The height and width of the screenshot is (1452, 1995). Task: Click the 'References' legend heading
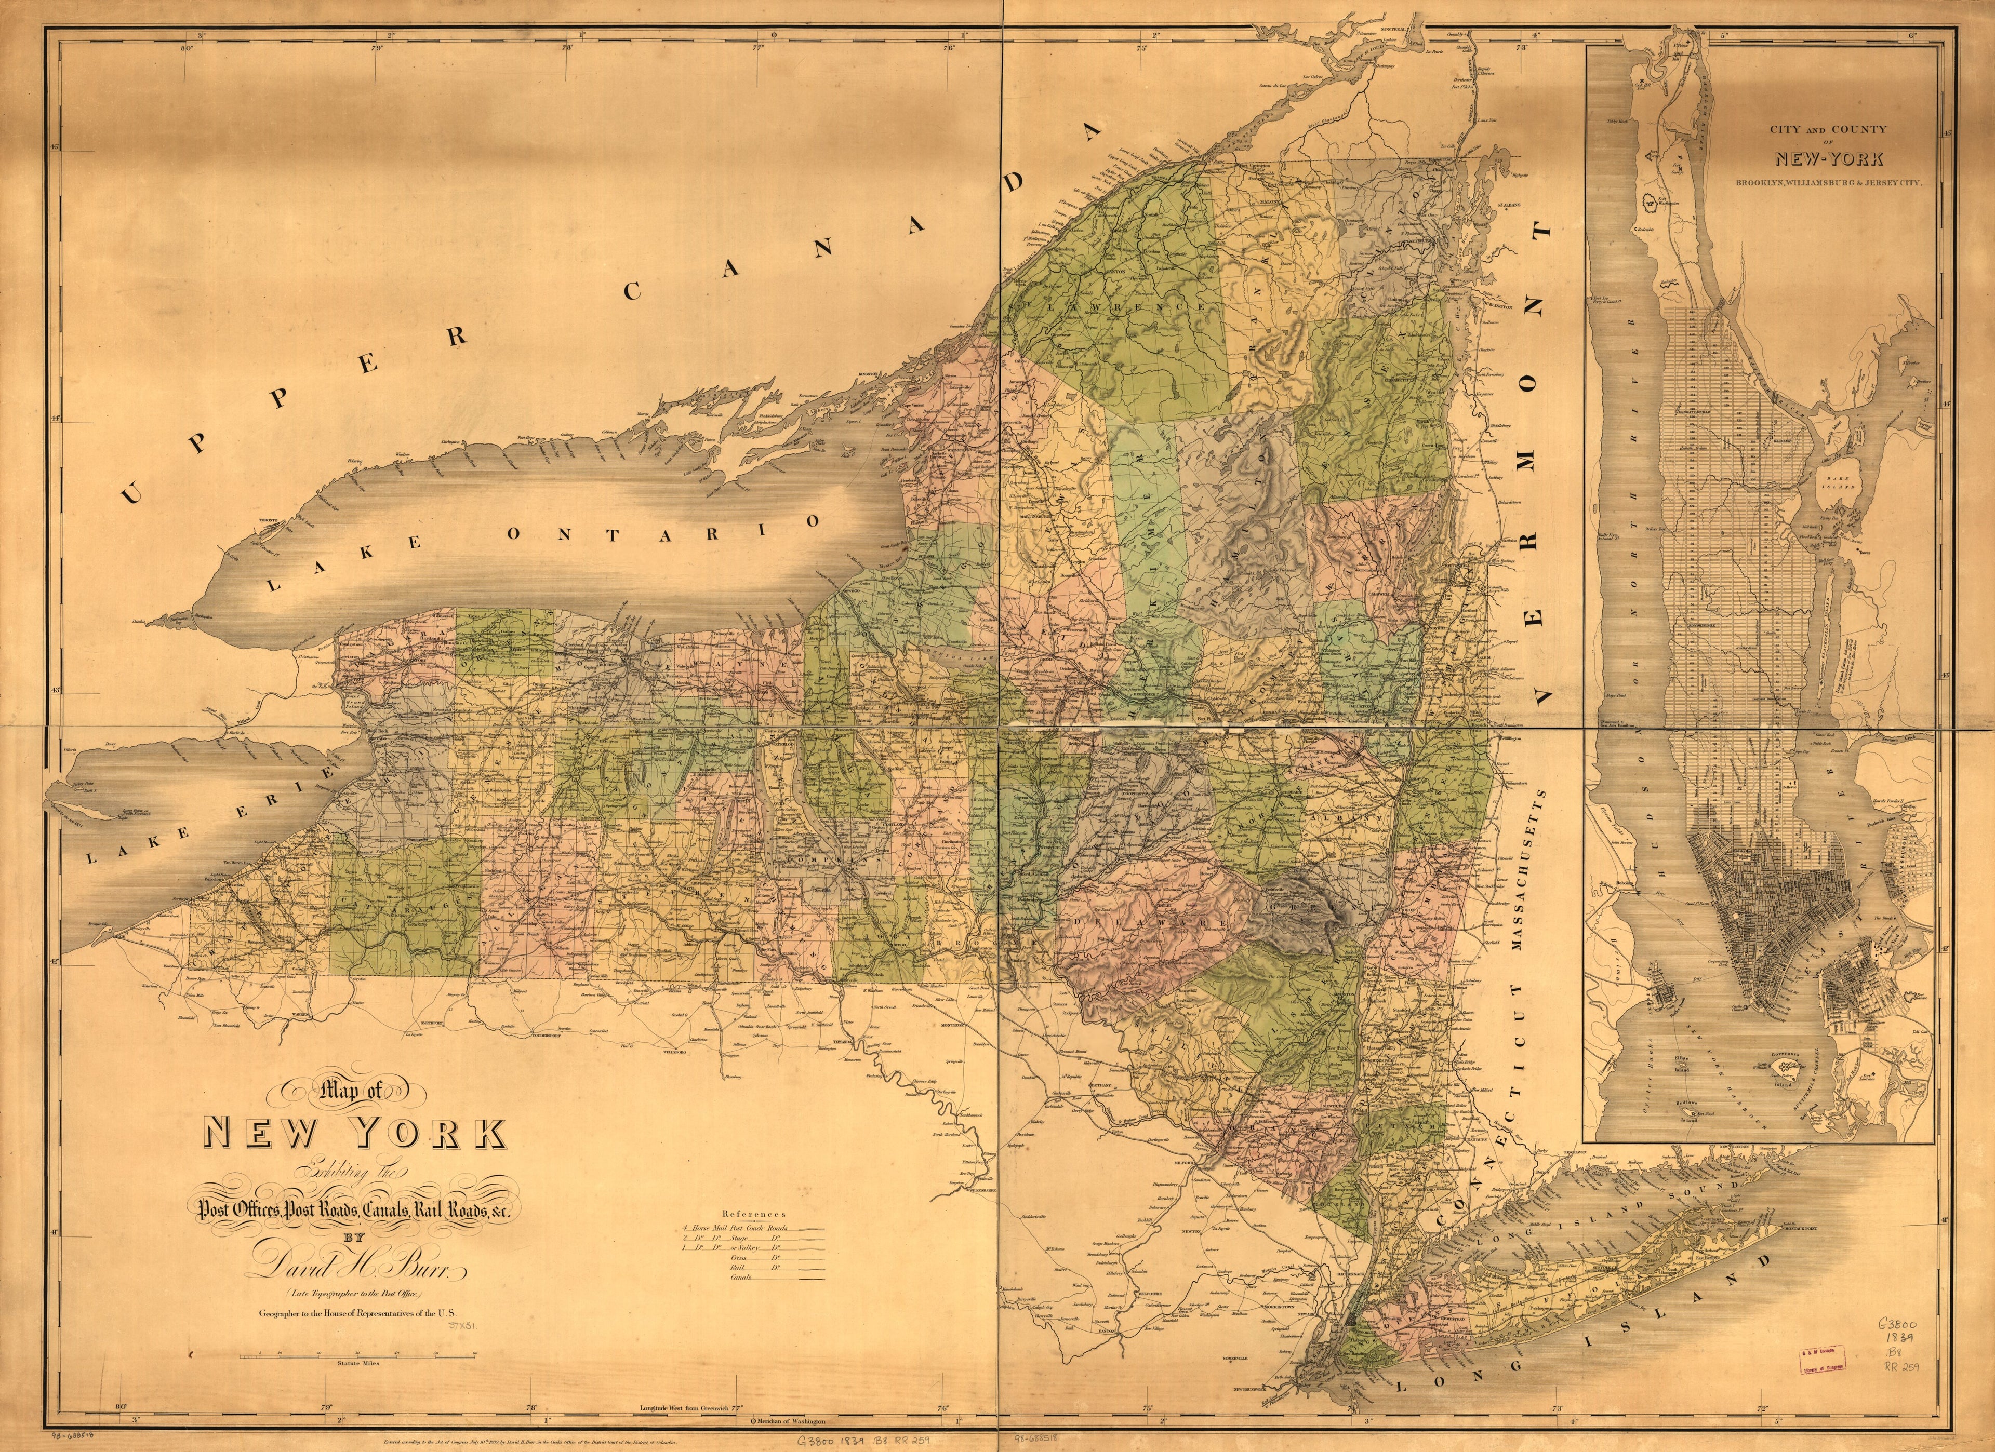[x=752, y=1214]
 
